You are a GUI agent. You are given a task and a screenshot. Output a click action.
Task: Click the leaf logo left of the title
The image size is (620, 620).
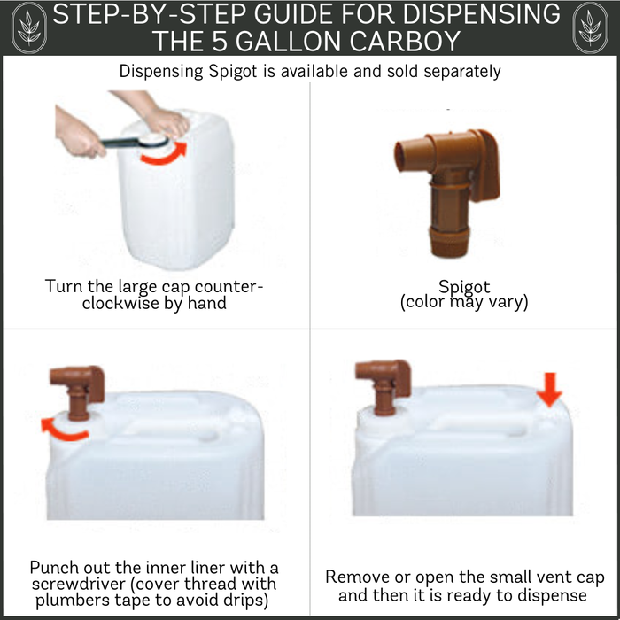coord(29,27)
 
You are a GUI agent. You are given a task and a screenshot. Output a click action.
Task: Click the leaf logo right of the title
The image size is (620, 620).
coord(591,27)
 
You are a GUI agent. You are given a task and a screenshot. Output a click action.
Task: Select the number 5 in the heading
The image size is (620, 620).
coord(220,41)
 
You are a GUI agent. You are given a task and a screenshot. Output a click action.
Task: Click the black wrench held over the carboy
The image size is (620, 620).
coord(136,141)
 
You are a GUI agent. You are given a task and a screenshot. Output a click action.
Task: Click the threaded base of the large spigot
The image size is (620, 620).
coord(449,243)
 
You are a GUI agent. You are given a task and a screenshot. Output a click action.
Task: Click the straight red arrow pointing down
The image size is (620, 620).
coord(549,390)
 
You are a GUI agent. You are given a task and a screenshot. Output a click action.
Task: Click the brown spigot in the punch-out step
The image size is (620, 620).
coord(78,391)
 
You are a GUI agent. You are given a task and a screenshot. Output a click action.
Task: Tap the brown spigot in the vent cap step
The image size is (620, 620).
coord(384,386)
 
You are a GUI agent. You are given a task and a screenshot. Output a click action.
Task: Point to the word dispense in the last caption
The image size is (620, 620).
coord(553,595)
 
